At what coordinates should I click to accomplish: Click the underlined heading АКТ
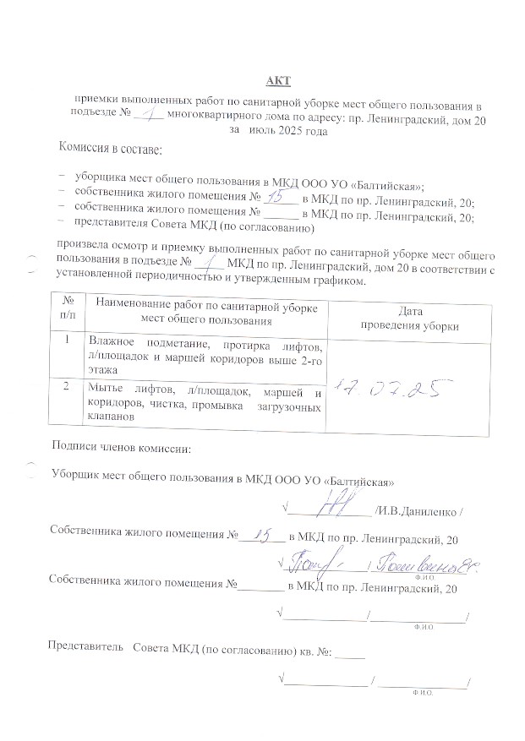coord(277,80)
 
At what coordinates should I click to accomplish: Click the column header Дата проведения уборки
coord(409,319)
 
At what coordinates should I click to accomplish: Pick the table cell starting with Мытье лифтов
coord(205,404)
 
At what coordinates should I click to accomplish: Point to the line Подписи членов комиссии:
coord(121,446)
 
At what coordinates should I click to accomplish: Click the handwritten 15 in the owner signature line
coord(265,534)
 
